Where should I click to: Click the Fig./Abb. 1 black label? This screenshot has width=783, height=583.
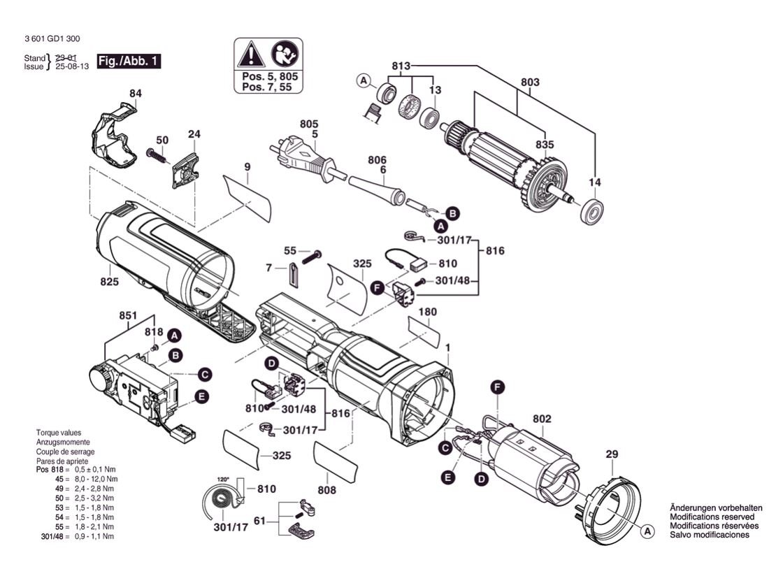click(129, 62)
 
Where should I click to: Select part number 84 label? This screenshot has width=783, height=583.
click(135, 93)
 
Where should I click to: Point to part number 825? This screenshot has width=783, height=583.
click(109, 282)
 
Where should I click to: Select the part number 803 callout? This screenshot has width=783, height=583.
click(530, 82)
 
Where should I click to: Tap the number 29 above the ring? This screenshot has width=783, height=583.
click(612, 454)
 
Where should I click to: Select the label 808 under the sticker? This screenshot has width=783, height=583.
click(326, 491)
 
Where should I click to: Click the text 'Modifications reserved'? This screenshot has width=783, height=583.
click(712, 516)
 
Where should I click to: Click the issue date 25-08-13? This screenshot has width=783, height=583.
click(72, 66)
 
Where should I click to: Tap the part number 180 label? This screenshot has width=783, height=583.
click(428, 311)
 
